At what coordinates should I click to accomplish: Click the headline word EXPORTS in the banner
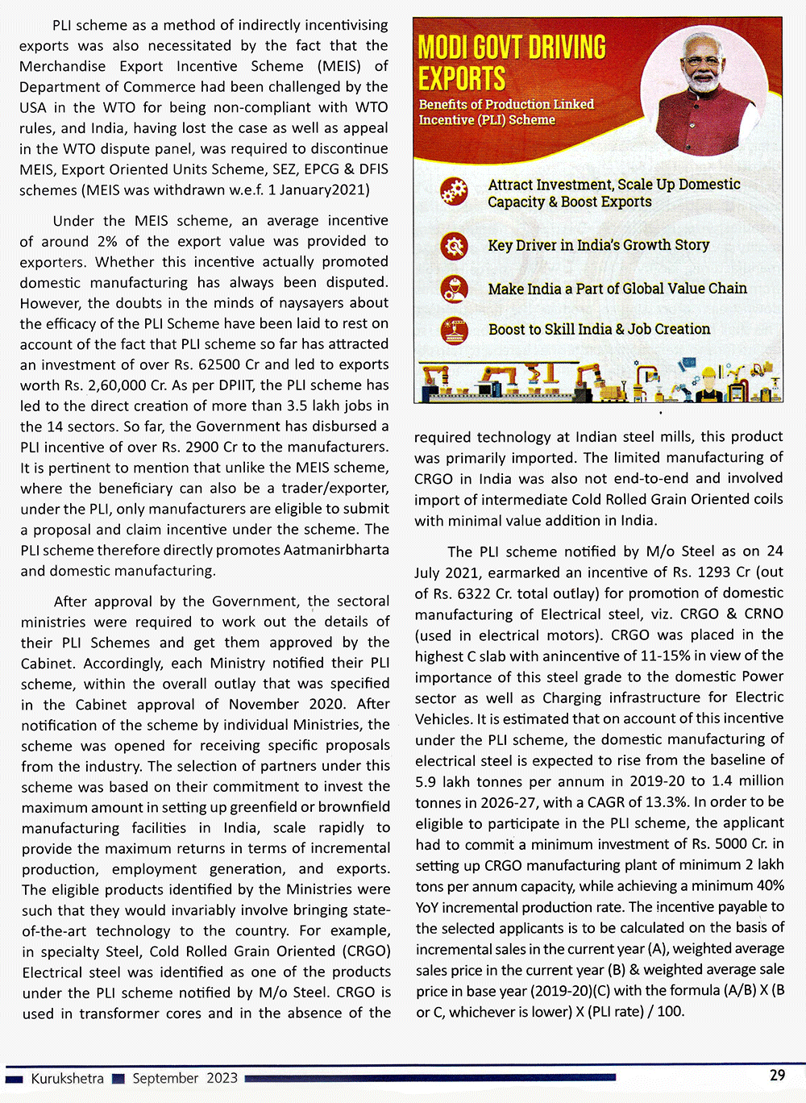(x=462, y=79)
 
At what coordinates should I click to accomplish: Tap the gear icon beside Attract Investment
(x=454, y=193)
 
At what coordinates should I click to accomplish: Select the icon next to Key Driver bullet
(x=454, y=245)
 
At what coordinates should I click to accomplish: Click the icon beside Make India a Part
(x=454, y=289)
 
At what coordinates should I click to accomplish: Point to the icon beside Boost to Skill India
(x=454, y=330)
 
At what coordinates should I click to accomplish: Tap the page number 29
(x=777, y=1075)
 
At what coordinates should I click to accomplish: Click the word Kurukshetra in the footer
(x=67, y=1078)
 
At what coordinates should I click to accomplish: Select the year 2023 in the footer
(x=222, y=1078)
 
